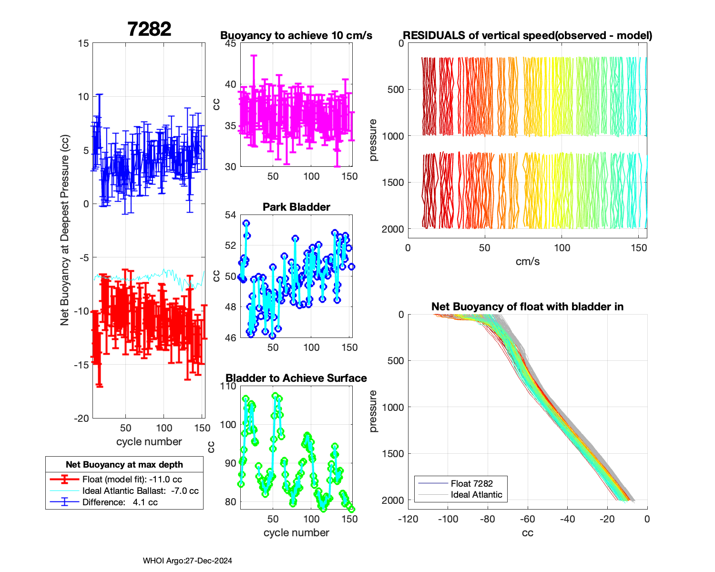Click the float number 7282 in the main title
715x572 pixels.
[x=149, y=30]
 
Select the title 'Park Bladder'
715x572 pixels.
[x=296, y=207]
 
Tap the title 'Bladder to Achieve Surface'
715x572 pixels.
[x=296, y=378]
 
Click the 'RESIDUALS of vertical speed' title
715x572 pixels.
[x=528, y=35]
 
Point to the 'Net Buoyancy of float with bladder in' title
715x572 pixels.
[x=528, y=306]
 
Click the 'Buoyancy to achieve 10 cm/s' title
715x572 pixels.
[x=296, y=35]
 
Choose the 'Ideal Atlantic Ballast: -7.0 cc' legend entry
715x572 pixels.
[x=140, y=491]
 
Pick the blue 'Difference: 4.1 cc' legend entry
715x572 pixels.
[x=120, y=502]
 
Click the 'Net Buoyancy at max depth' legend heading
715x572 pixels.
[x=124, y=465]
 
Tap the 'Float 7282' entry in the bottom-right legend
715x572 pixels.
[x=471, y=483]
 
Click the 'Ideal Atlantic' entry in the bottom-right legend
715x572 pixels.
[x=476, y=495]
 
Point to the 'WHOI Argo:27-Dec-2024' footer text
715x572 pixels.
[x=187, y=561]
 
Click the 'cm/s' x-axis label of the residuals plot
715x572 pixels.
[x=528, y=261]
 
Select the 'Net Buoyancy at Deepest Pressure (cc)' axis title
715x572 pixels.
[x=65, y=231]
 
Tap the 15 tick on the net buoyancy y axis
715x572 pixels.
[x=83, y=43]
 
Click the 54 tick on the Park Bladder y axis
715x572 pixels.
[x=231, y=215]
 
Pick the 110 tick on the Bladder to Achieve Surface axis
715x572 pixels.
[x=228, y=386]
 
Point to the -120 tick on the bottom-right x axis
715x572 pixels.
[x=408, y=519]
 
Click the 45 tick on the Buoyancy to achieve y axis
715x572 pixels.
[x=231, y=43]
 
